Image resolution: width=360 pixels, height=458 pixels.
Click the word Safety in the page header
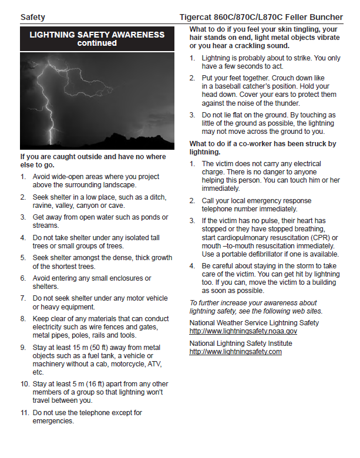point(32,18)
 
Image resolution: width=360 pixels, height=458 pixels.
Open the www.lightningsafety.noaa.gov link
point(243,331)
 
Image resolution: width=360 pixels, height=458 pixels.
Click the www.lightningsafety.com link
point(235,352)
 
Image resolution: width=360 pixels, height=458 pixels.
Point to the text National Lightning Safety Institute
point(240,343)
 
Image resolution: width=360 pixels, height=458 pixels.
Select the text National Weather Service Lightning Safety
point(254,322)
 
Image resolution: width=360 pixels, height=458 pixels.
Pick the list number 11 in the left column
point(24,413)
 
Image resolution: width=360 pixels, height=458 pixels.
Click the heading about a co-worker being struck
point(263,147)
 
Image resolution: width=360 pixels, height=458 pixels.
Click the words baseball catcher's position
point(245,86)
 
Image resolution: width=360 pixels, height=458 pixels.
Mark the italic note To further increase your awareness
point(255,307)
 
